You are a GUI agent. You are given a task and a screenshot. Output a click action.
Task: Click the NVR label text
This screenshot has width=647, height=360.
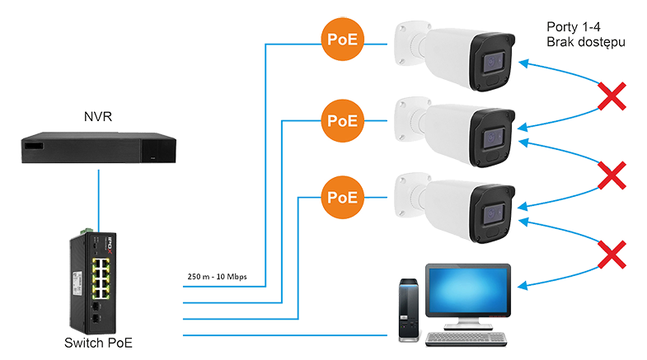pos(98,117)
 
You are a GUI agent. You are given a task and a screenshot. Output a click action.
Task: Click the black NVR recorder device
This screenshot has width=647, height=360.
pos(99,147)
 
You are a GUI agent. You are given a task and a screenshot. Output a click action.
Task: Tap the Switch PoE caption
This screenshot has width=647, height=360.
pos(98,343)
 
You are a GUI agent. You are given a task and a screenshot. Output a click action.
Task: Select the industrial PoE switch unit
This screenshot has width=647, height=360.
pos(93,282)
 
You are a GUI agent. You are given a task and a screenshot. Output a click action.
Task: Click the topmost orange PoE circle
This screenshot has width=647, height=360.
pos(343,40)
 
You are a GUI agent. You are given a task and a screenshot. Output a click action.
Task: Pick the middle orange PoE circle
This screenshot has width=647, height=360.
pos(343,121)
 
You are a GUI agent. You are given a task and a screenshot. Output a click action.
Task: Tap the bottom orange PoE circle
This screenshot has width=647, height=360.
pos(343,198)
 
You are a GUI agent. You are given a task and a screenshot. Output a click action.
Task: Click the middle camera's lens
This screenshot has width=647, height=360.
pos(494,138)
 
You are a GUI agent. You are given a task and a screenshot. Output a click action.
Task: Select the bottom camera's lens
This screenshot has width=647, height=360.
pos(494,214)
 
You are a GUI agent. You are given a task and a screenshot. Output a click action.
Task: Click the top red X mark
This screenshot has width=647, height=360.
pos(612,96)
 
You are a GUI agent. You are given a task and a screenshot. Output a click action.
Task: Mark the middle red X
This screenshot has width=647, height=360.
pos(612,175)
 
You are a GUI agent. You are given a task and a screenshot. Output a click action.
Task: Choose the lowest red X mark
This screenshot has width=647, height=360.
pos(612,255)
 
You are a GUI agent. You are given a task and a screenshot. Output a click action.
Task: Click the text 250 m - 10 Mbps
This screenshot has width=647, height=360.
pos(217,276)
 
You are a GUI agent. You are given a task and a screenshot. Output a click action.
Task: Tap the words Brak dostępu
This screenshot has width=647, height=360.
pos(586,42)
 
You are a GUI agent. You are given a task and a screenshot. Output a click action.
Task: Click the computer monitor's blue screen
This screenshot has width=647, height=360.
pos(468,290)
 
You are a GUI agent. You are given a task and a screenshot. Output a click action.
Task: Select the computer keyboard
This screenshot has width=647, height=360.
pos(466,339)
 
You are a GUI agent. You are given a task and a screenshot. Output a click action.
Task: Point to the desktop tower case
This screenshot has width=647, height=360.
pos(409,310)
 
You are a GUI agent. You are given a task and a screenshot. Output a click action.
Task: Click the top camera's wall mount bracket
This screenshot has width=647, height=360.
pos(410,44)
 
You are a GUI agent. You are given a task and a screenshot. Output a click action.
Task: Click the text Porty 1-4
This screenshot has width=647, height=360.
pos(574,27)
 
